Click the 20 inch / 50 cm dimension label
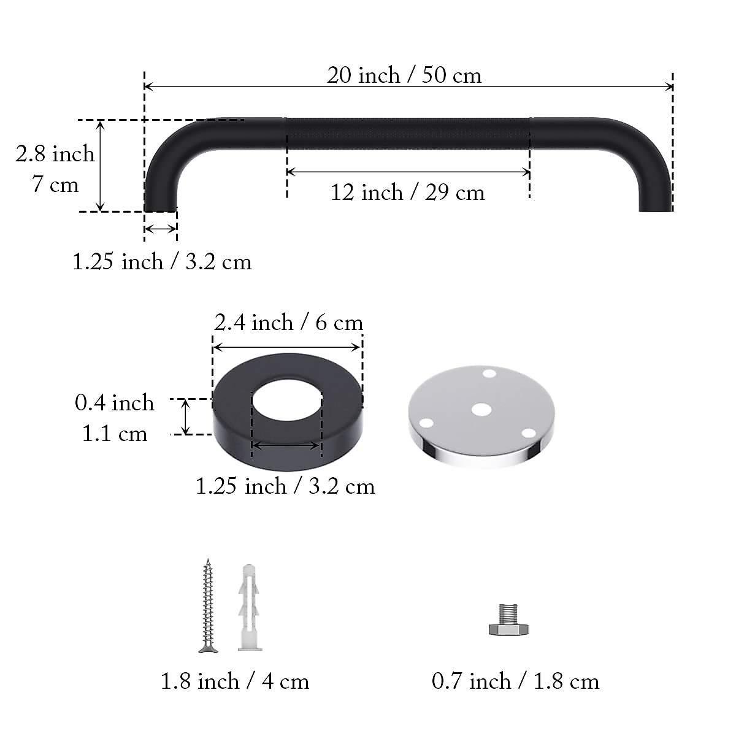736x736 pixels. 404,75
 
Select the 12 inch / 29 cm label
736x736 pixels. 407,193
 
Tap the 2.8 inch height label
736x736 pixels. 55,154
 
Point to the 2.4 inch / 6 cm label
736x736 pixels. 288,323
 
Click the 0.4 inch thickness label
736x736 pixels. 115,403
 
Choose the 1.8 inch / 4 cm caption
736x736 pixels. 235,681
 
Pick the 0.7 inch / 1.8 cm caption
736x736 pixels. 515,681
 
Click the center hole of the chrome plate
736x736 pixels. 481,409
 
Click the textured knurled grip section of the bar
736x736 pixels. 407,134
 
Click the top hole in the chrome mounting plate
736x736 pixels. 489,373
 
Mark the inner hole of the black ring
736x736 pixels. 286,400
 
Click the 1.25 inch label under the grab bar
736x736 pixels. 162,262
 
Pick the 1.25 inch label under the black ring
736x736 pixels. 285,486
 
